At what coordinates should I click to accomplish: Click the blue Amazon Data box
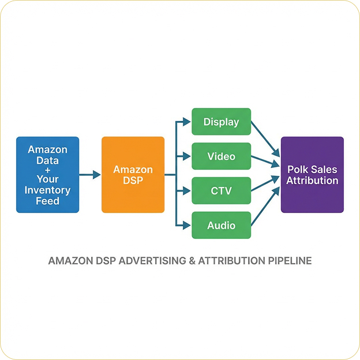point(47,175)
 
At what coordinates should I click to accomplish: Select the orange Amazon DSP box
point(133,175)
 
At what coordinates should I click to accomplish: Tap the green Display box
point(222,122)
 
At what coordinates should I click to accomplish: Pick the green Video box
point(222,156)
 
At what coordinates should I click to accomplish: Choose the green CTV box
point(222,190)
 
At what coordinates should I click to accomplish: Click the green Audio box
point(222,225)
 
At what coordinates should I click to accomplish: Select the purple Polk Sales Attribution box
point(312,175)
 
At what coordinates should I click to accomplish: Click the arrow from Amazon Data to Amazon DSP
point(90,175)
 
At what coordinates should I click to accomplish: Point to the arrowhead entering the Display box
point(187,122)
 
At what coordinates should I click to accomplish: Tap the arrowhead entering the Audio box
point(187,225)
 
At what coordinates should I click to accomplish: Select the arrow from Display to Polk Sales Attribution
point(265,139)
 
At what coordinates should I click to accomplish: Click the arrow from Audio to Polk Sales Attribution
point(265,206)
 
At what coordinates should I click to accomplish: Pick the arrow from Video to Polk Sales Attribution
point(265,161)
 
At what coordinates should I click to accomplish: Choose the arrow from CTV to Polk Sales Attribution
point(265,183)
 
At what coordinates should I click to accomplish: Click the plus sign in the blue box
point(47,170)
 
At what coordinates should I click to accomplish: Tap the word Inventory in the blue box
point(47,190)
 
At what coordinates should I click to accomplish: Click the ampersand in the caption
point(192,261)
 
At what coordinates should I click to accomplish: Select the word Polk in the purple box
point(297,170)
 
